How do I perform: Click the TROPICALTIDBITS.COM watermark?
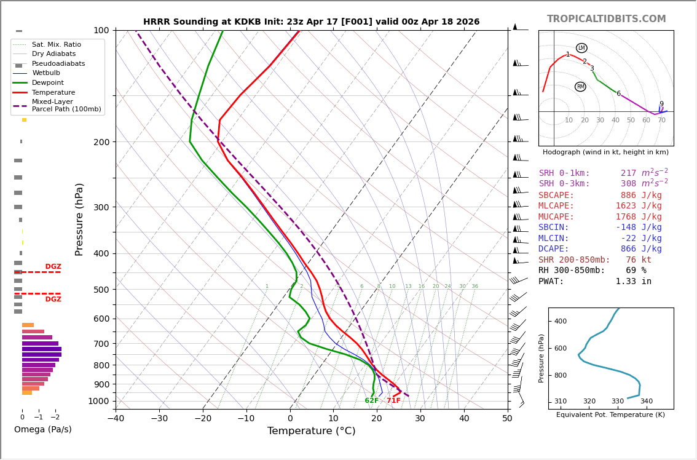[606, 19]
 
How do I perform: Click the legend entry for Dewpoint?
[48, 83]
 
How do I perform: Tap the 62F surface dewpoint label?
[372, 401]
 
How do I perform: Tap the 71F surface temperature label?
[393, 401]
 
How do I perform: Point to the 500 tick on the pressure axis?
[101, 290]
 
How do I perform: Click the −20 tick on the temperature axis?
[203, 419]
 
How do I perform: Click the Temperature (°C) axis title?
[311, 431]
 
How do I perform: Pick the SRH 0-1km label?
[564, 173]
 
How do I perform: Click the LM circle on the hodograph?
[581, 48]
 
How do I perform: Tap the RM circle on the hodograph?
[580, 87]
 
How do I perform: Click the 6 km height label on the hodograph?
[618, 94]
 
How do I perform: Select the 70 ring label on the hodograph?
[661, 121]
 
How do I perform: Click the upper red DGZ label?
[53, 267]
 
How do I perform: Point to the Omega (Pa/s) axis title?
[43, 430]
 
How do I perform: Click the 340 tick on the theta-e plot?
[646, 402]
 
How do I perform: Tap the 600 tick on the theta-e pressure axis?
[560, 349]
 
